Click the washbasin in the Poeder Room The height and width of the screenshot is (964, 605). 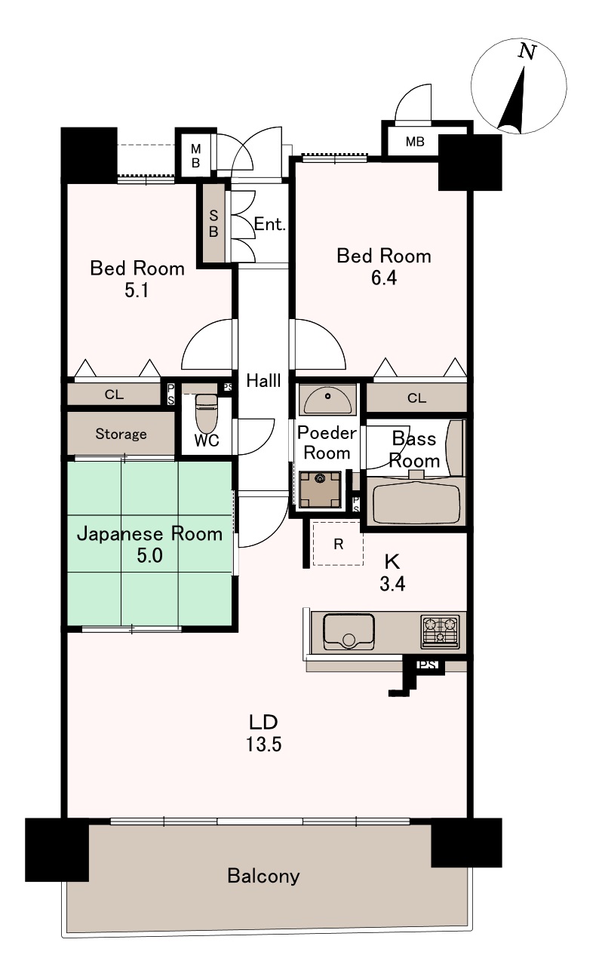click(x=327, y=399)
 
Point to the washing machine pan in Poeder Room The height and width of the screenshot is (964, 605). click(x=320, y=490)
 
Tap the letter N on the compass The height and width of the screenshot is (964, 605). click(x=527, y=51)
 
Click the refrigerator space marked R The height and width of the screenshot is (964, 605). click(x=338, y=543)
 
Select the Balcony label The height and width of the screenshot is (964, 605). click(x=263, y=875)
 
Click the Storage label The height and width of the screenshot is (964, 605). click(x=121, y=434)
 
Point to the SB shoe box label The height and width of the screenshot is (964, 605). click(x=213, y=223)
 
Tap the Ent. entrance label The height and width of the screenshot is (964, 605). click(x=270, y=224)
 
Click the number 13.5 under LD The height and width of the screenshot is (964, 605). click(x=263, y=744)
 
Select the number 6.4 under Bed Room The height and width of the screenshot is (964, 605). click(x=384, y=278)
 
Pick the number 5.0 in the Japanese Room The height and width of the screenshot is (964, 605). click(x=150, y=555)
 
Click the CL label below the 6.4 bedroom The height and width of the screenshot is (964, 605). click(x=416, y=398)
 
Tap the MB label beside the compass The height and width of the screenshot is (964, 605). click(x=415, y=141)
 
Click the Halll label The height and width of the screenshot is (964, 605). click(x=263, y=380)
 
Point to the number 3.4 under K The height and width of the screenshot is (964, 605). click(x=392, y=584)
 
